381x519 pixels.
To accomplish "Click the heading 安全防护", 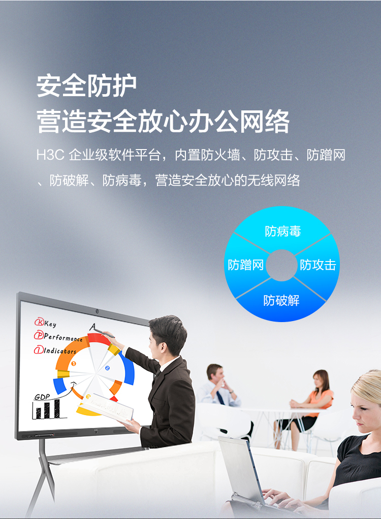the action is click(86, 86).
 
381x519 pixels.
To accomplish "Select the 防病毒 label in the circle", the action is click(283, 232).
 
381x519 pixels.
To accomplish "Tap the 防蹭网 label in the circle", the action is click(246, 265).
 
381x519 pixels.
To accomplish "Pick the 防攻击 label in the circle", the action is click(318, 265).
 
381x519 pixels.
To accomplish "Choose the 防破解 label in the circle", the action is click(281, 301).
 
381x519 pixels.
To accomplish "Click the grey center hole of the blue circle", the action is click(281, 265).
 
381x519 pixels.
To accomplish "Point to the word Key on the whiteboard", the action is click(50, 324).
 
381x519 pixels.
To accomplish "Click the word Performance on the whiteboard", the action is click(63, 338).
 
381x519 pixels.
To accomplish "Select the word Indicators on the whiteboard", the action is click(60, 351).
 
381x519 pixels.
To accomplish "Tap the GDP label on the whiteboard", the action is click(42, 397).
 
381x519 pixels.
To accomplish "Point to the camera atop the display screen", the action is click(97, 311).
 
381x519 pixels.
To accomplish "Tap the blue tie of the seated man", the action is click(220, 398).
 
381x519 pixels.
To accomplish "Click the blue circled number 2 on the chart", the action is click(107, 368).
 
